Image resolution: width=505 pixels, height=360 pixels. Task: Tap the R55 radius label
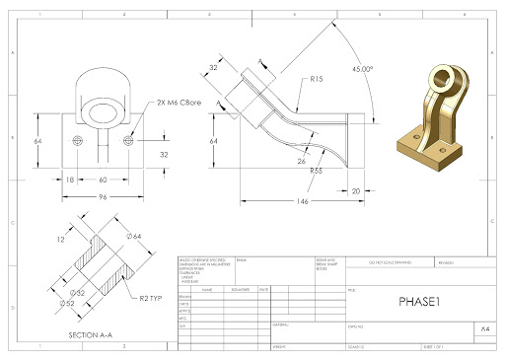click(x=317, y=172)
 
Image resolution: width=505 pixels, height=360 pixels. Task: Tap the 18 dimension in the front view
click(x=70, y=180)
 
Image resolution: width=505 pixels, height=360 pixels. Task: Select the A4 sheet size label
click(x=484, y=326)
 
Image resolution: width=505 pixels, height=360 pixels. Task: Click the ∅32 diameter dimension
click(x=78, y=292)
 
